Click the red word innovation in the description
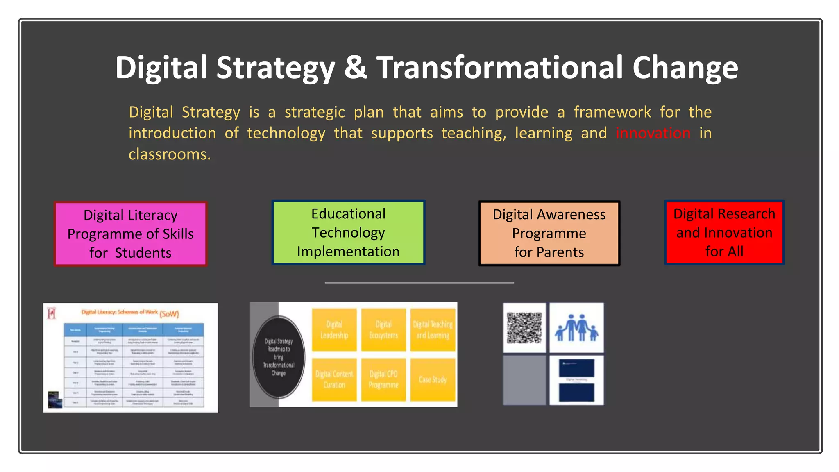click(x=653, y=133)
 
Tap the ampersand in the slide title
click(x=356, y=68)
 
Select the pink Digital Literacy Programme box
click(x=130, y=234)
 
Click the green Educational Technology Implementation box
click(x=348, y=232)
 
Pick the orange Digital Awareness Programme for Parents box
click(x=549, y=233)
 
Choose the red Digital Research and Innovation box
click(x=724, y=232)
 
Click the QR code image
click(x=524, y=328)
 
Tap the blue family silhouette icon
click(x=576, y=328)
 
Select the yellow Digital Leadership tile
click(x=334, y=330)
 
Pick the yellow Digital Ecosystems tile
click(x=383, y=330)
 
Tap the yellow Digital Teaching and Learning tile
click(x=433, y=330)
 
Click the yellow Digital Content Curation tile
click(x=334, y=379)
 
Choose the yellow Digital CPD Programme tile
click(x=383, y=379)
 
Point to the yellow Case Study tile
click(x=433, y=379)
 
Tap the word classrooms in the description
click(x=170, y=154)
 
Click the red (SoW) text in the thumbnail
click(x=169, y=314)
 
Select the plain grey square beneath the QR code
click(x=524, y=380)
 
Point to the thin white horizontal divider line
click(x=419, y=283)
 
